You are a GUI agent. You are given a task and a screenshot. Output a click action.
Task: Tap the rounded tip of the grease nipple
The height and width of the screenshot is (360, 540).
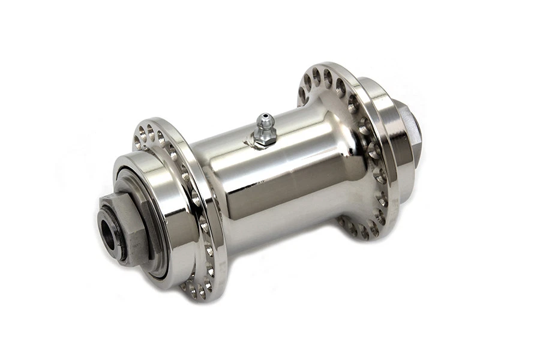point(262,117)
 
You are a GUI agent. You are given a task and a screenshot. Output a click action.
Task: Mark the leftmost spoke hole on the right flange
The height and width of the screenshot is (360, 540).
point(303,94)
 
